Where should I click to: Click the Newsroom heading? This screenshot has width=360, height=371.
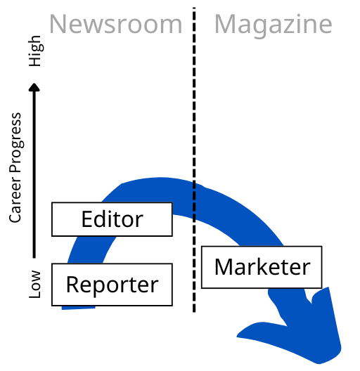115,24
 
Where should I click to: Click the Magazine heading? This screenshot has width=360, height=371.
273,25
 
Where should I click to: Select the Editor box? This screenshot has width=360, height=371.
112,219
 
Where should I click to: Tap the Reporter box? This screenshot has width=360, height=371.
112,285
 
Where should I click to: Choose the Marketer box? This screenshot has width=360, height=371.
262,268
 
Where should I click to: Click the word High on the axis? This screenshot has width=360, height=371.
36,51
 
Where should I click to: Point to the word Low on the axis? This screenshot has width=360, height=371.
35,285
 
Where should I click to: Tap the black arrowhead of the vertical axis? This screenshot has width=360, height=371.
34,87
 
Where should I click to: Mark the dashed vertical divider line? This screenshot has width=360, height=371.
194,160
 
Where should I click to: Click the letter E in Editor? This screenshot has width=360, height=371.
86,219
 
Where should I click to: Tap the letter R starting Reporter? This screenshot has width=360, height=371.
72,284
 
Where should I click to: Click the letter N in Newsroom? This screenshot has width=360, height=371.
58,24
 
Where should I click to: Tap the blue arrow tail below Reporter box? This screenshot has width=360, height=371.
78,308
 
